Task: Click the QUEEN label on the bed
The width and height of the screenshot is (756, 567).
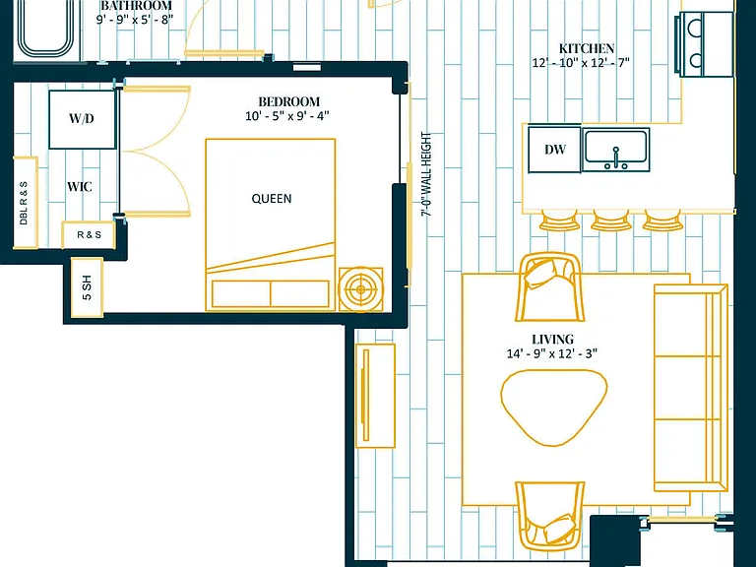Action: pyautogui.click(x=272, y=199)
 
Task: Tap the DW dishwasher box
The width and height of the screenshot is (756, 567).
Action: pyautogui.click(x=554, y=150)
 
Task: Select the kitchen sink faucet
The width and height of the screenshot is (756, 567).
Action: pyautogui.click(x=615, y=158)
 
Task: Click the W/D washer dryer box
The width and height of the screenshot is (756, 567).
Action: pyautogui.click(x=82, y=119)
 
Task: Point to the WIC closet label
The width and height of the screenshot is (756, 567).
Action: pyautogui.click(x=80, y=187)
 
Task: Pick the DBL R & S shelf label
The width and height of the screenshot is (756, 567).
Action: pyautogui.click(x=24, y=203)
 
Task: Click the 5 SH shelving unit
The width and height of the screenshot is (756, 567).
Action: pyautogui.click(x=87, y=287)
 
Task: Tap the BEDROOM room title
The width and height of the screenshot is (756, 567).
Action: pyautogui.click(x=288, y=101)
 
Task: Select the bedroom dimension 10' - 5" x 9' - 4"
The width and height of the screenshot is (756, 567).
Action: pyautogui.click(x=287, y=116)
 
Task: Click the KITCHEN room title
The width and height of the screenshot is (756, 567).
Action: pyautogui.click(x=587, y=48)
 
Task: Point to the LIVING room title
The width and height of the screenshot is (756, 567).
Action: pyautogui.click(x=552, y=340)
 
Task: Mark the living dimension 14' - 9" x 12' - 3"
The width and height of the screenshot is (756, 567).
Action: pyautogui.click(x=551, y=353)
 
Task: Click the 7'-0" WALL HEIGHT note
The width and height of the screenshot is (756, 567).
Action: pyautogui.click(x=426, y=174)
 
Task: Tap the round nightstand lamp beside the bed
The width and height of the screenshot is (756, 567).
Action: pyautogui.click(x=361, y=289)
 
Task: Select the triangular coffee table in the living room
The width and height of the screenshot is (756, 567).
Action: pyautogui.click(x=554, y=408)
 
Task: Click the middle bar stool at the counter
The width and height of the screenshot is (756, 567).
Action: pyautogui.click(x=611, y=220)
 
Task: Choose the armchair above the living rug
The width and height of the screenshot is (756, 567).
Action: pyautogui.click(x=550, y=287)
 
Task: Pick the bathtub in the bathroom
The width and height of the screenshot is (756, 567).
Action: pyautogui.click(x=46, y=29)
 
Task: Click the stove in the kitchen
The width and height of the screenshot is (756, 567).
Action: pyautogui.click(x=704, y=44)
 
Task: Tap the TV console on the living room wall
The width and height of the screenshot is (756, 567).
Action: pyautogui.click(x=375, y=396)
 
